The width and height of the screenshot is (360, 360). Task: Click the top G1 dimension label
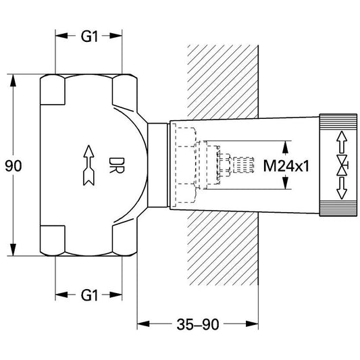pos(89,36)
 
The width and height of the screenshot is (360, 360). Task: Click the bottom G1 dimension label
pos(89,295)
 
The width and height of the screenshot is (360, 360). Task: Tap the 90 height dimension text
pos(14,165)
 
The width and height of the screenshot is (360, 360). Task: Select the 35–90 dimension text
pos(198,324)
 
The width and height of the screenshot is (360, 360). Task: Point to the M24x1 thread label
pos(286,165)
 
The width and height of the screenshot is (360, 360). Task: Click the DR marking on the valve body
pos(117,165)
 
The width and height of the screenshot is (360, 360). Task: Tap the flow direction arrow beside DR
pos(88,165)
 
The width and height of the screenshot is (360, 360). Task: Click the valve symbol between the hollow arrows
pos(342,165)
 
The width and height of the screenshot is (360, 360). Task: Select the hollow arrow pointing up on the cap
pos(342,142)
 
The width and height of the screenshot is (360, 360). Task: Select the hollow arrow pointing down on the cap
pos(342,188)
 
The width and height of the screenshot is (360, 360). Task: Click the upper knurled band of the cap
pos(338,122)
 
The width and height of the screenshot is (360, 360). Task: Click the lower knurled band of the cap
pos(338,208)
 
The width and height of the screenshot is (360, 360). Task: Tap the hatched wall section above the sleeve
pos(223,82)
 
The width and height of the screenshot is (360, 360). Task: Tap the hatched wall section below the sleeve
pos(223,249)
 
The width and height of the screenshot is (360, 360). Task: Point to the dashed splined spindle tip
pos(244,165)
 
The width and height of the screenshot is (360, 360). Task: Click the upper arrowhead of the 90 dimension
pos(14,80)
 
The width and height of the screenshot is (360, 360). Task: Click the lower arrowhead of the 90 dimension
pos(14,250)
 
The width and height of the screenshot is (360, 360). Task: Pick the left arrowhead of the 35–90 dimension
pos(143,324)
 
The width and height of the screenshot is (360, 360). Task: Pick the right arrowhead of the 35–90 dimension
pos(252,324)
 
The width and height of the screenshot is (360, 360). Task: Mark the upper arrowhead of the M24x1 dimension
pos(285,147)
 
